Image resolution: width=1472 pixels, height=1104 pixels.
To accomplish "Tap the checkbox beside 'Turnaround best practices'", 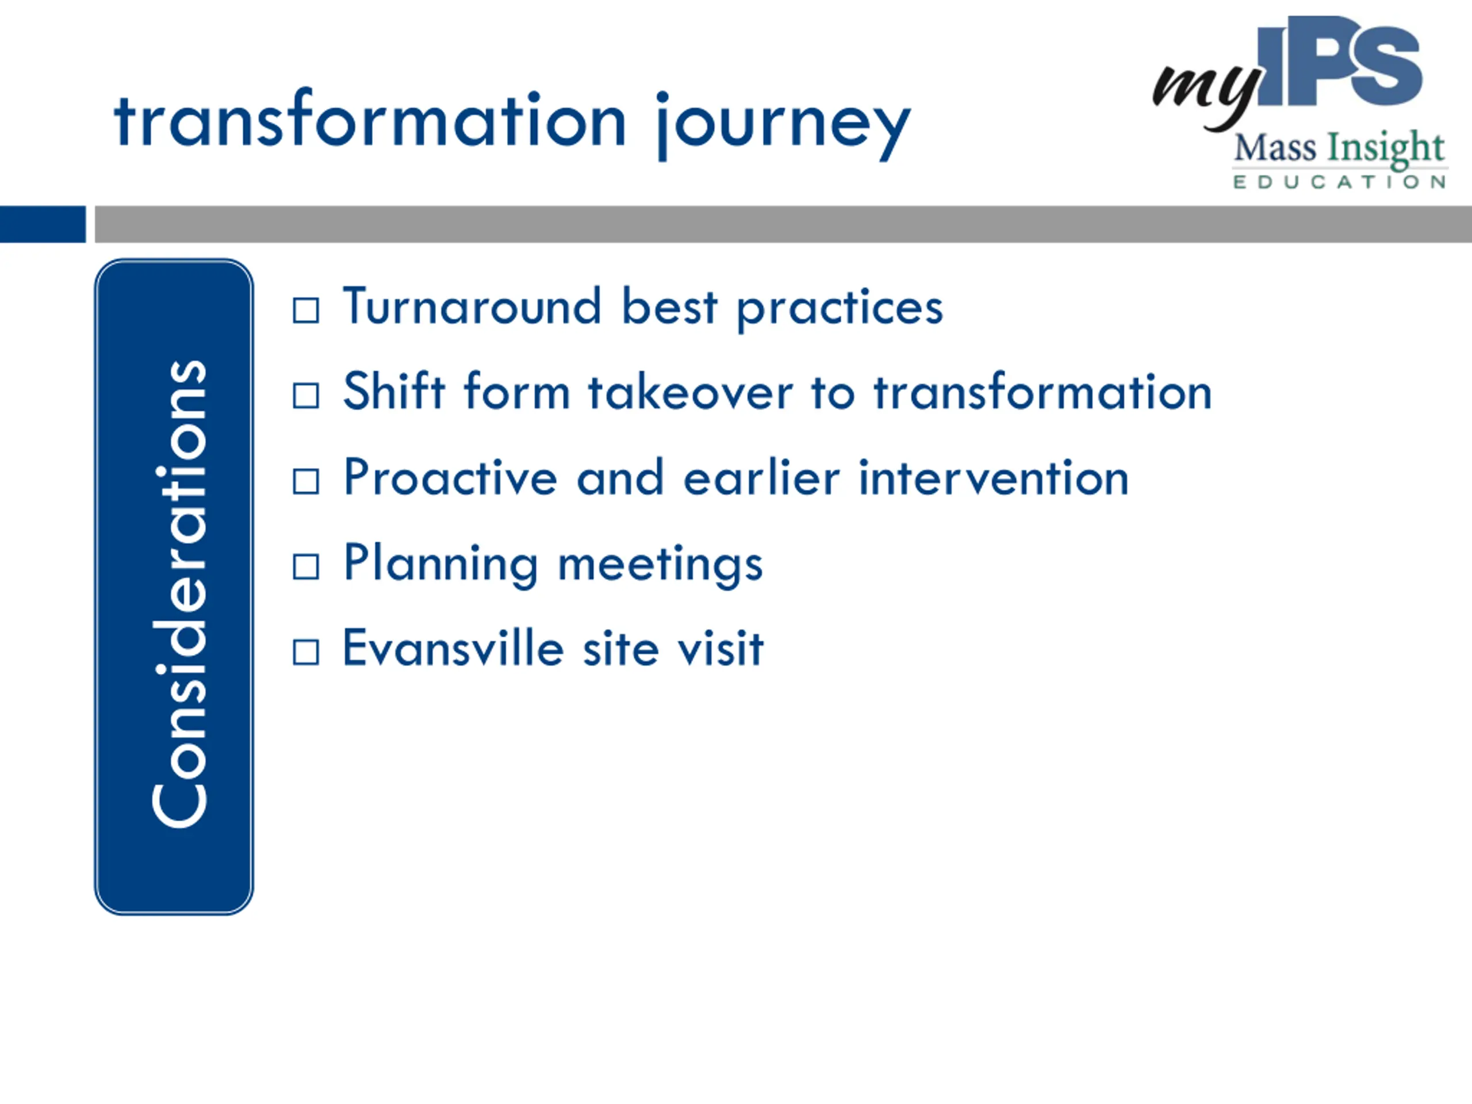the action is pyautogui.click(x=306, y=310).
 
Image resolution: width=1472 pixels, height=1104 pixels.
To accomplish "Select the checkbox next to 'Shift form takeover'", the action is pyautogui.click(x=306, y=396).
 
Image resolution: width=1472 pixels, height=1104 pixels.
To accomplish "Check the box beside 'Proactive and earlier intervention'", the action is pyautogui.click(x=306, y=481).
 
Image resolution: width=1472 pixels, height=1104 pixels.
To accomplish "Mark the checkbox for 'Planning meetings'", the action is pyautogui.click(x=306, y=567).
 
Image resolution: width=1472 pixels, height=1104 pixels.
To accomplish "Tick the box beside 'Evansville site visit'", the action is pyautogui.click(x=306, y=652).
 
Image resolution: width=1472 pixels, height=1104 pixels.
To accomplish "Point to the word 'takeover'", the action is pyautogui.click(x=691, y=392).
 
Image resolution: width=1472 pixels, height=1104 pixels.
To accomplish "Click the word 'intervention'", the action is pyautogui.click(x=994, y=477).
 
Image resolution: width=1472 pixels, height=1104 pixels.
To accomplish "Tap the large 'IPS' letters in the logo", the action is pyautogui.click(x=1339, y=61).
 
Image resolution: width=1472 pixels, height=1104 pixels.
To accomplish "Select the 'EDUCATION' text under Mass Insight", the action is pyautogui.click(x=1339, y=182).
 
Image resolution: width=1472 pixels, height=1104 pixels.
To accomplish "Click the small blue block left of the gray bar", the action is pyautogui.click(x=43, y=224).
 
